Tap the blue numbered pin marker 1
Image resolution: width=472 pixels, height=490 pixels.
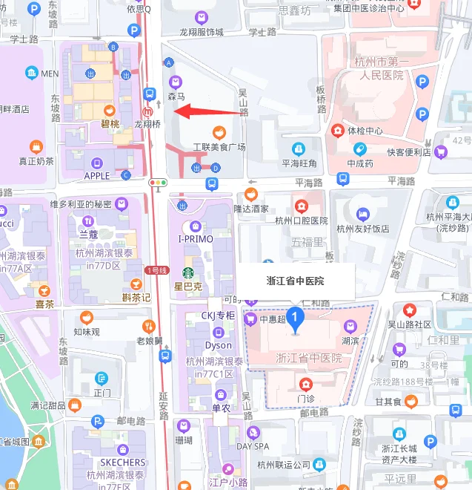pyautogui.click(x=296, y=319)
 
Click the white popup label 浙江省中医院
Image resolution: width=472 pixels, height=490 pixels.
pyautogui.click(x=296, y=281)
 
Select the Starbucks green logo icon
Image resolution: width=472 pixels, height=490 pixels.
pyautogui.click(x=187, y=272)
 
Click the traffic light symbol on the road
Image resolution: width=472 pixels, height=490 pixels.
pyautogui.click(x=158, y=182)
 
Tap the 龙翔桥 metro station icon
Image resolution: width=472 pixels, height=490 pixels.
pyautogui.click(x=149, y=111)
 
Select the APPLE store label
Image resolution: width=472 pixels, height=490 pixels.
pyautogui.click(x=97, y=176)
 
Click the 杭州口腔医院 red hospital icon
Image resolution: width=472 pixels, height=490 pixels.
pyautogui.click(x=302, y=206)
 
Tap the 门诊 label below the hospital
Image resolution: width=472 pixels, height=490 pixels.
pyautogui.click(x=306, y=399)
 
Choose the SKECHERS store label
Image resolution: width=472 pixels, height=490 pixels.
pyautogui.click(x=122, y=463)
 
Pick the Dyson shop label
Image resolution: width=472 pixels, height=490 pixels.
pyautogui.click(x=218, y=345)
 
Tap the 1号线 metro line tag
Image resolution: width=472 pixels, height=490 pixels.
pyautogui.click(x=157, y=270)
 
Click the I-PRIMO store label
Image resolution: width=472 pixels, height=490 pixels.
pyautogui.click(x=196, y=239)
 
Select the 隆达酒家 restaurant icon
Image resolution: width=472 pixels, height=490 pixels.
pyautogui.click(x=250, y=195)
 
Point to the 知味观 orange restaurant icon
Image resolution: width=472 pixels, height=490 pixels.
pyautogui.click(x=87, y=317)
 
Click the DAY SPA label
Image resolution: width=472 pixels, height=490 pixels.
pyautogui.click(x=253, y=446)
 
